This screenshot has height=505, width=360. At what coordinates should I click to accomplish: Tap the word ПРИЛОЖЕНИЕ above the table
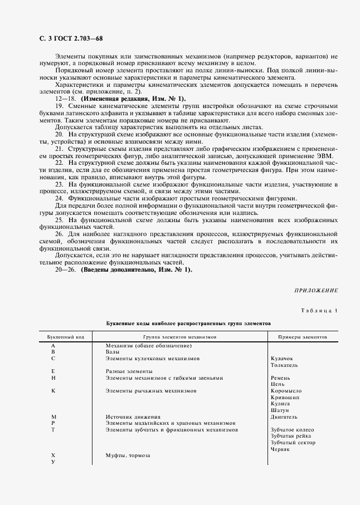(x=315, y=290)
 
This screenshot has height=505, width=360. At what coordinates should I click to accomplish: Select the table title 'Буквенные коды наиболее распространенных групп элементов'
(x=188, y=322)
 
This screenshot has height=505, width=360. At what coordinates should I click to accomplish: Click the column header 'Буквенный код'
(x=66, y=337)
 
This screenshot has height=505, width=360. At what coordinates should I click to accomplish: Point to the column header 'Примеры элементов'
(x=303, y=337)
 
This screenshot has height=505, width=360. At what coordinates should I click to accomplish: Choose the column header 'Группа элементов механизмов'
(x=179, y=337)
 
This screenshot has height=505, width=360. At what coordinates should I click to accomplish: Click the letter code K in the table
(x=53, y=391)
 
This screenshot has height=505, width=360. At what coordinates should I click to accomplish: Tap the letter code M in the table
(x=53, y=416)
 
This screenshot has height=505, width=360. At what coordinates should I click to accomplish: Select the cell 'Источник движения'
(x=133, y=416)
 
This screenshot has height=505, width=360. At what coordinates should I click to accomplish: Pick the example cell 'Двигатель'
(x=284, y=416)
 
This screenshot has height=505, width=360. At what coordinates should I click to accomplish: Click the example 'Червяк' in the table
(x=280, y=449)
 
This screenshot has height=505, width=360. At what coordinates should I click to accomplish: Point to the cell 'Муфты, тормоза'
(x=128, y=455)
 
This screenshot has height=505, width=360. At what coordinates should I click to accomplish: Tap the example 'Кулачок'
(x=281, y=359)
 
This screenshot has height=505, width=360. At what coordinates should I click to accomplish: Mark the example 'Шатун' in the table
(x=280, y=410)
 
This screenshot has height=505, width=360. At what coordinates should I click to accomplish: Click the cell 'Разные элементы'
(x=129, y=371)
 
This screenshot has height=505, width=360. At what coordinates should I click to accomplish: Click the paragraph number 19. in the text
(x=59, y=106)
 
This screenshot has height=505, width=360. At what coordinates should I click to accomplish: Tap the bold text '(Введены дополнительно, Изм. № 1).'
(x=137, y=270)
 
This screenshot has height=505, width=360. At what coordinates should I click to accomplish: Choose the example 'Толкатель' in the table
(x=284, y=365)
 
